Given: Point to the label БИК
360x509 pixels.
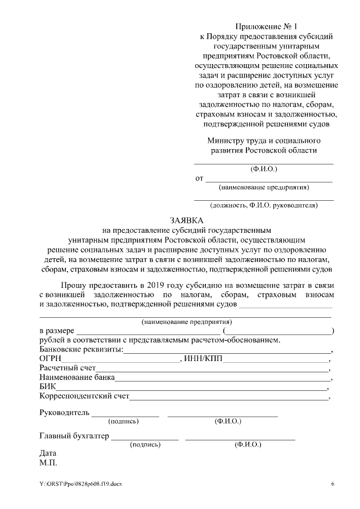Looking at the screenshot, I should click(47, 387).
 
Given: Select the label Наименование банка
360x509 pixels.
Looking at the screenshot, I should click(77, 377).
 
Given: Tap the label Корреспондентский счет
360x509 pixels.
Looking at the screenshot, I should click(84, 397).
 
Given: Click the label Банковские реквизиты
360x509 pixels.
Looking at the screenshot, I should click(81, 349).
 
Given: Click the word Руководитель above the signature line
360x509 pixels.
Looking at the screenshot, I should click(64, 413).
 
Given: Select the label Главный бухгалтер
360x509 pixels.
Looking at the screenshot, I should click(74, 436).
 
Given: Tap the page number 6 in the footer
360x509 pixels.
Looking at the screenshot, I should click(332, 484).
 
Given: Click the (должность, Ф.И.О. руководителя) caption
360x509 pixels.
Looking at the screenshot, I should click(263, 205).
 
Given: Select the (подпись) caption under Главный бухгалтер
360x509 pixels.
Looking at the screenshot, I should click(145, 444).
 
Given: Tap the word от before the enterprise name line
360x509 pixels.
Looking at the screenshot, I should click(199, 179).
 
